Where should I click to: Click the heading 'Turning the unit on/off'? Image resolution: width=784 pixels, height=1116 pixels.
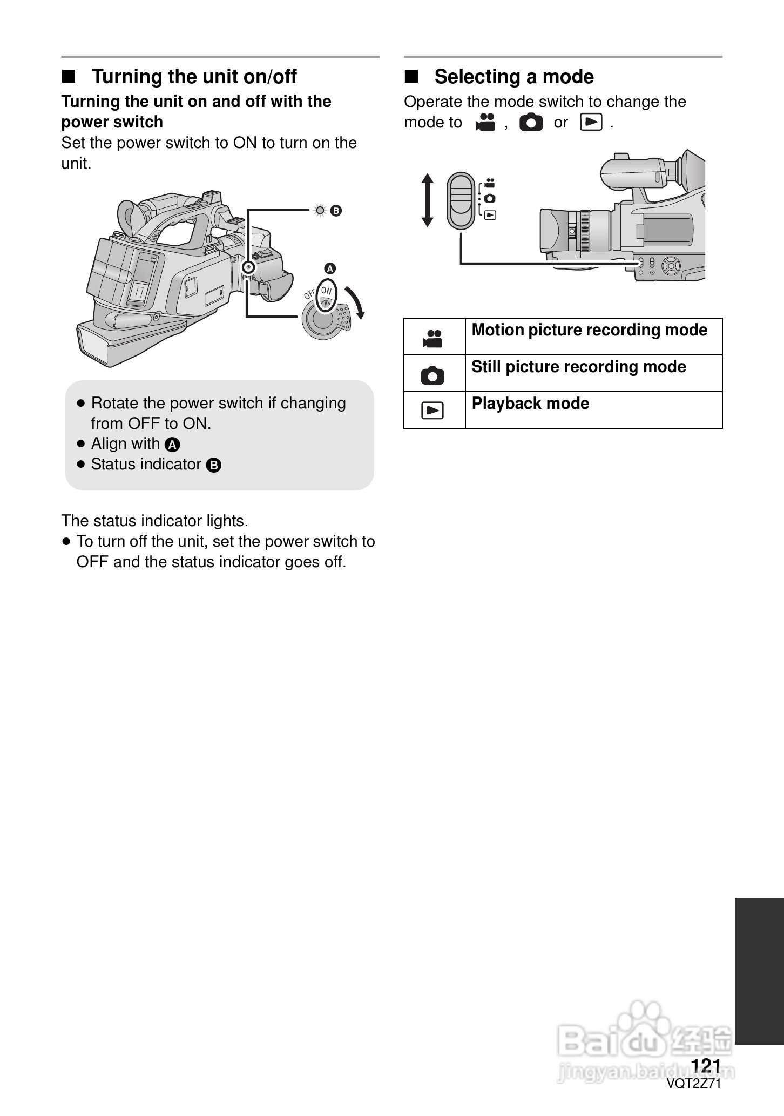coord(194,77)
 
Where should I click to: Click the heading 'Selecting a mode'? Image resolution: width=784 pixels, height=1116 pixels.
coord(513,77)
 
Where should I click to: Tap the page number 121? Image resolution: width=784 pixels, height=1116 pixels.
coord(705,1065)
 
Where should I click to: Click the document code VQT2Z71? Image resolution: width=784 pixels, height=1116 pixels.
coord(693,1083)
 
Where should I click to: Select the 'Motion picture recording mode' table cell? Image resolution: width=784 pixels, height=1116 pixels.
coord(593,336)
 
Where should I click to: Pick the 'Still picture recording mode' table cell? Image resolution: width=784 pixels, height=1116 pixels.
coord(593,373)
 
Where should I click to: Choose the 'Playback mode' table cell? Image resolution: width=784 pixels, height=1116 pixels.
coord(593,409)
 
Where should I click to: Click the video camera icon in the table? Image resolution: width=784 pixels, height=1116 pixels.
coord(433,338)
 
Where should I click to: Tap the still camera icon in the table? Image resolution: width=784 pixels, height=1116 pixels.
coord(433,375)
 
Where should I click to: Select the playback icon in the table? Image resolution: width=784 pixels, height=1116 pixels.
coord(433,411)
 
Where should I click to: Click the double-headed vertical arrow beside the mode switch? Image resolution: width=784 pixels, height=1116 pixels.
coord(427,200)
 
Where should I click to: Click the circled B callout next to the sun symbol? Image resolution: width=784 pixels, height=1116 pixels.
coord(336,211)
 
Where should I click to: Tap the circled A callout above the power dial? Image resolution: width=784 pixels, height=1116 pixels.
coord(329,268)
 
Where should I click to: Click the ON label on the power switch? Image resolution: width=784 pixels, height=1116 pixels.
coord(326,292)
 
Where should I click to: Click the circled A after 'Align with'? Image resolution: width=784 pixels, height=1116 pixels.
coord(173,445)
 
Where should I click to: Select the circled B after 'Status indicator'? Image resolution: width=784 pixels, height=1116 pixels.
coord(214,465)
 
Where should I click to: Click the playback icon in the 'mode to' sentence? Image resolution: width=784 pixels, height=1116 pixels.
coord(591,123)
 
